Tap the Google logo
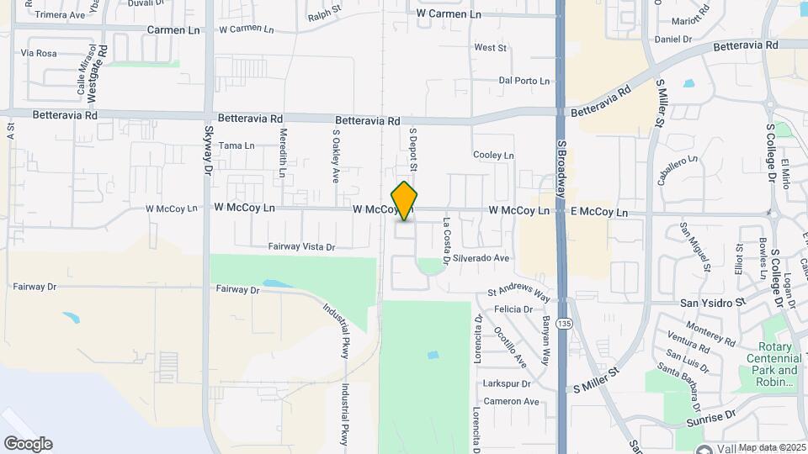(x=28, y=443)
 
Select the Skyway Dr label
(x=207, y=150)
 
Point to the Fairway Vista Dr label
(x=301, y=247)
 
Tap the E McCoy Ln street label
(x=599, y=213)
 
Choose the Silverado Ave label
(x=481, y=258)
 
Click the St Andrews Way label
(x=518, y=295)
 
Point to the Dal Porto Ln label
(x=524, y=81)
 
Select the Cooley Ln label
(x=493, y=156)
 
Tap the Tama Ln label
(x=237, y=145)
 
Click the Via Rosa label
(x=39, y=53)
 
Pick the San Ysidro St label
(x=713, y=301)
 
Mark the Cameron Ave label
(x=512, y=402)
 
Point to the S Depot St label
(x=413, y=144)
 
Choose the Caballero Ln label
(x=677, y=171)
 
